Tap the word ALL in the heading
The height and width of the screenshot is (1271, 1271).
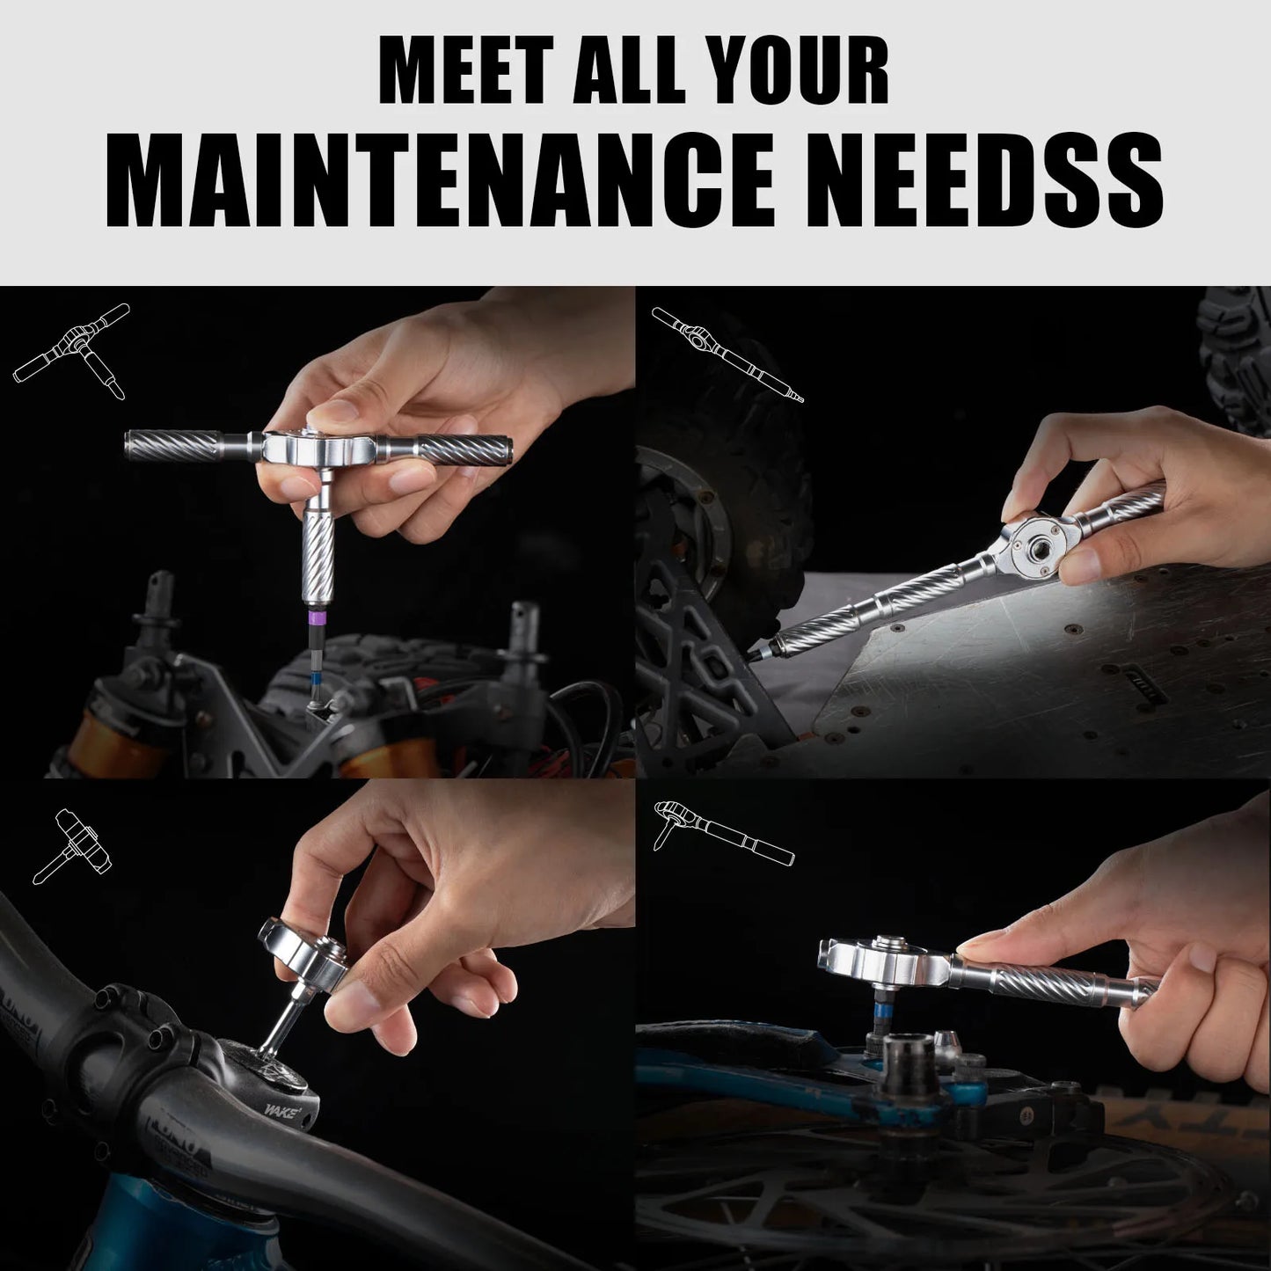coord(629,70)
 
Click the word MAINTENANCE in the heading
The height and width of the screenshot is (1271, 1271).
coord(440,180)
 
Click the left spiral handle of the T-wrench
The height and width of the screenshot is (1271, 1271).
coord(172,446)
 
